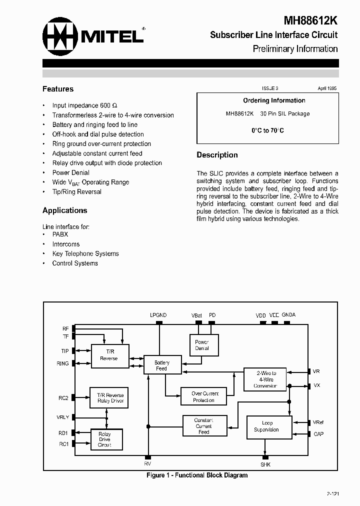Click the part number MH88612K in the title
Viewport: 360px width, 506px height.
(311, 20)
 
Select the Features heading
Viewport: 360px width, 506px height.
(58, 89)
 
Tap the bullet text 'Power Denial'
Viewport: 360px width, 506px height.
(71, 172)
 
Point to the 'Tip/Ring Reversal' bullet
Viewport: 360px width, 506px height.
(76, 191)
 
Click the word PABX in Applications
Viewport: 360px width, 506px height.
(60, 234)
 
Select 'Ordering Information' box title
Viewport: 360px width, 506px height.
(274, 100)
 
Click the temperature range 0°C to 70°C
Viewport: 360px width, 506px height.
(267, 130)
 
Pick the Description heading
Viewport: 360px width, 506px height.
(217, 155)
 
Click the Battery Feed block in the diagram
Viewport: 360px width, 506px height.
(161, 365)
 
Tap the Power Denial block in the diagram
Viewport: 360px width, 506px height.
(202, 345)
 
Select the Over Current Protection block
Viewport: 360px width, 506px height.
(203, 397)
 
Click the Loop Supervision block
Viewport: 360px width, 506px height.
(269, 426)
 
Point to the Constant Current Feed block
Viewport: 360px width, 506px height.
(203, 426)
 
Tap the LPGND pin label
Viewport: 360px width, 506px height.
(158, 315)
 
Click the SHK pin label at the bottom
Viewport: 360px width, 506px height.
(265, 464)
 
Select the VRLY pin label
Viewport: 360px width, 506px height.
(63, 417)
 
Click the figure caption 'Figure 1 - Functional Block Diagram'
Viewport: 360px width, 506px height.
(197, 475)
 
